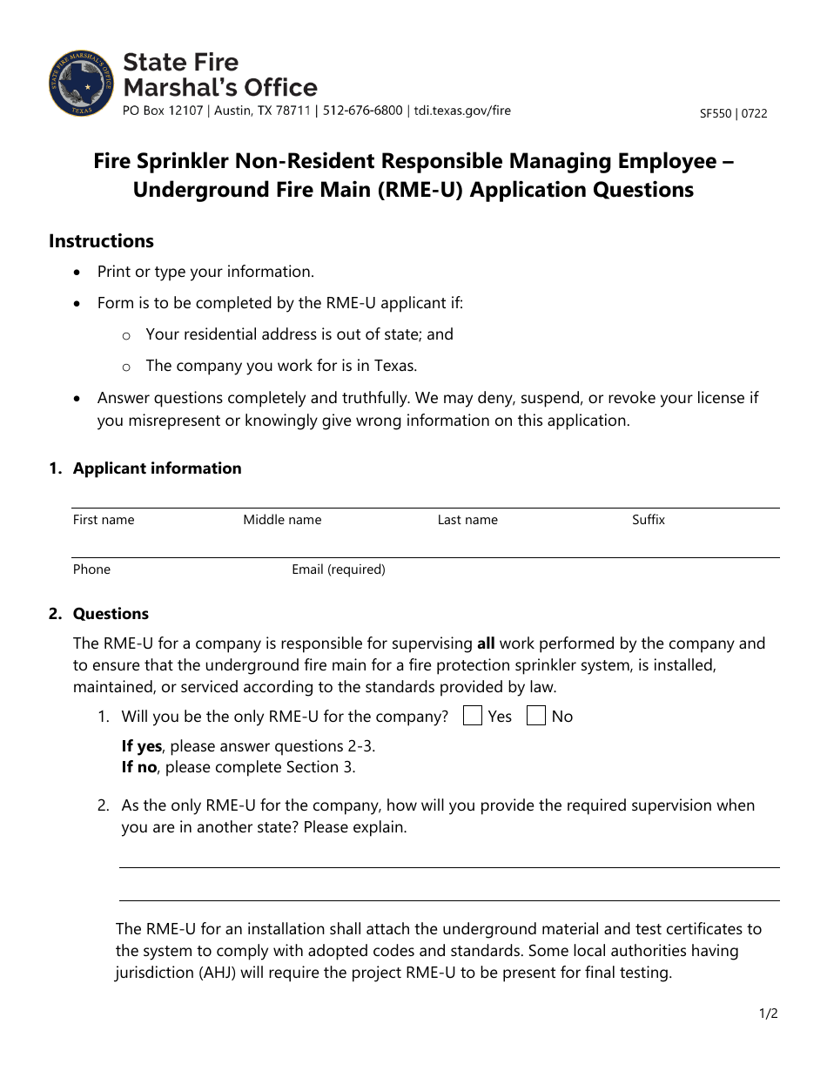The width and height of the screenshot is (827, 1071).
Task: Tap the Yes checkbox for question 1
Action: click(x=473, y=716)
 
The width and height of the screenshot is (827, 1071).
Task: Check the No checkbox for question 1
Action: click(x=537, y=716)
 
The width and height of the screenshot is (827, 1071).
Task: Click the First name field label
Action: click(x=104, y=520)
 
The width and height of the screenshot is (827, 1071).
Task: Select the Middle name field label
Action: click(x=282, y=520)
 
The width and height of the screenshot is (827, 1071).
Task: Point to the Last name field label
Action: click(x=467, y=520)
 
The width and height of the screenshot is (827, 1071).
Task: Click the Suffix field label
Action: click(x=649, y=520)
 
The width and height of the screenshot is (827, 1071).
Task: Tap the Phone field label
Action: click(x=91, y=569)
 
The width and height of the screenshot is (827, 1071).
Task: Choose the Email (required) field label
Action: click(x=339, y=569)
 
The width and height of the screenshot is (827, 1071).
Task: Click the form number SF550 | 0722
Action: click(x=733, y=113)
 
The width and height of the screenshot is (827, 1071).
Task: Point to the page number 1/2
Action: click(x=767, y=1014)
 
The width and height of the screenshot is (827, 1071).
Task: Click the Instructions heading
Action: click(x=101, y=241)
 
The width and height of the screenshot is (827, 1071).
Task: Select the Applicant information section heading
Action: click(x=157, y=468)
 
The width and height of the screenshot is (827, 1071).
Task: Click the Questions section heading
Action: click(x=111, y=614)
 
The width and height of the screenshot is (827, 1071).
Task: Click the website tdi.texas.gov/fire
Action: click(x=462, y=111)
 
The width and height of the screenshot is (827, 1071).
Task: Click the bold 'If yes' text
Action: click(x=141, y=746)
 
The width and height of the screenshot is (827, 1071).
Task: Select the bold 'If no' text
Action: click(x=139, y=767)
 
